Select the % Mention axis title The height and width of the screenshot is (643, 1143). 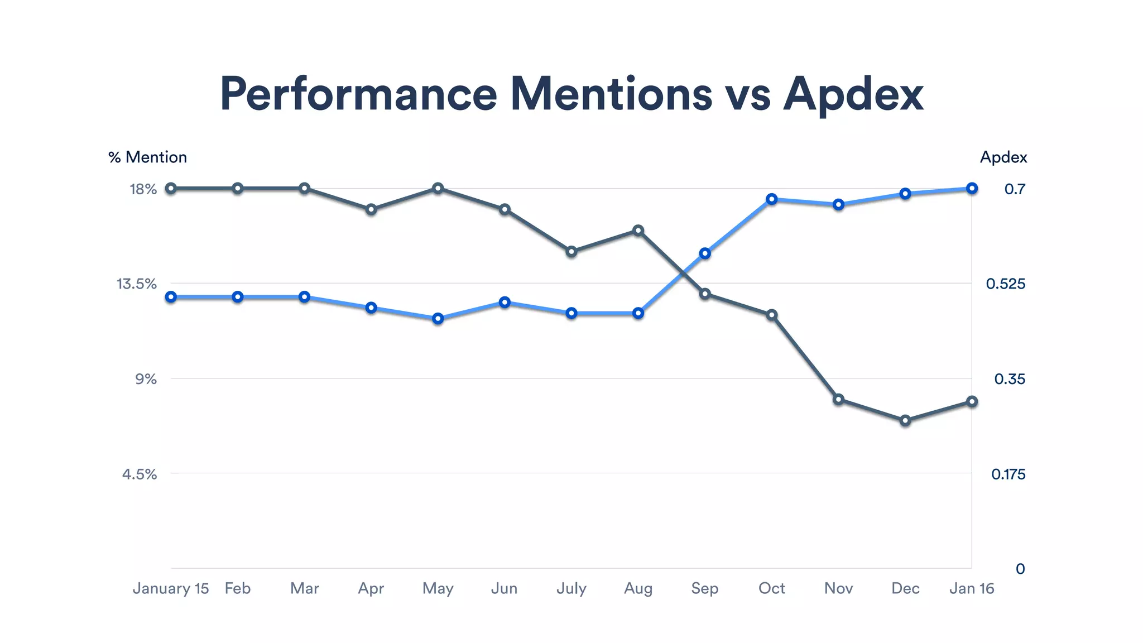pos(147,157)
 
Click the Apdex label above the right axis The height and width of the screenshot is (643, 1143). pos(1003,157)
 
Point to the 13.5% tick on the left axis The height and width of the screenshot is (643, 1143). pos(136,284)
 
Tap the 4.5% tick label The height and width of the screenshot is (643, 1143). pos(139,474)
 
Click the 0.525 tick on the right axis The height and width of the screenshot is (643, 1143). pos(1005,284)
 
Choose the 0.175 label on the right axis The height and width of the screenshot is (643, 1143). pos(1008,474)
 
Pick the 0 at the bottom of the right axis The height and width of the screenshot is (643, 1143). pos(1020,569)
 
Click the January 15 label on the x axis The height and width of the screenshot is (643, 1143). pos(170,588)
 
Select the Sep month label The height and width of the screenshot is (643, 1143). pos(704,588)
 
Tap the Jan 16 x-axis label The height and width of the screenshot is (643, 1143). pos(971,588)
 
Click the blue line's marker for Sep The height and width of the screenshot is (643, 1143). pos(705,253)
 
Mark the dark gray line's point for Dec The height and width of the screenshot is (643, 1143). pos(905,420)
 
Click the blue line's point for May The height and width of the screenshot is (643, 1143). pos(438,319)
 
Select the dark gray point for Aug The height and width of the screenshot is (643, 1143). pos(638,231)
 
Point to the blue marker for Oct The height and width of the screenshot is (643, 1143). pos(772,199)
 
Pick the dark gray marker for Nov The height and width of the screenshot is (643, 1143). pos(838,399)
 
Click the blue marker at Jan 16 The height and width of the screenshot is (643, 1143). pos(972,189)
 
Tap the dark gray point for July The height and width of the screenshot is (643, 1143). pos(571,252)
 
